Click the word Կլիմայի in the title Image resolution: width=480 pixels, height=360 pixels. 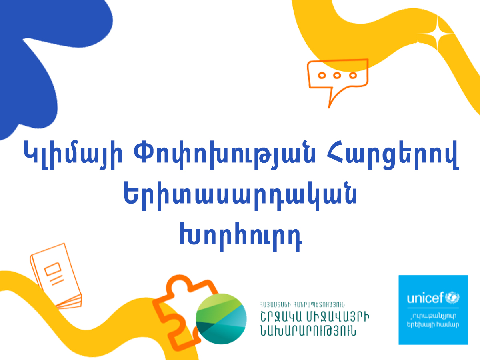tap(73, 155)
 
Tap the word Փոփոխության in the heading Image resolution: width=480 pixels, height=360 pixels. tap(225, 155)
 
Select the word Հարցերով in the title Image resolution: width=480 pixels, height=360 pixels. tap(392, 155)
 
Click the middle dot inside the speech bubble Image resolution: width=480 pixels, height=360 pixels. tap(337, 76)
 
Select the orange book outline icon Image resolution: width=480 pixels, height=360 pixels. tap(56, 276)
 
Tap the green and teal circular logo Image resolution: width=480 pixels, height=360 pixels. tap(221, 319)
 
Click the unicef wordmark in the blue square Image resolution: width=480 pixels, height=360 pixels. tap(425, 298)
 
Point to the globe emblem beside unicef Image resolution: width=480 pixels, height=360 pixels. tap(452, 297)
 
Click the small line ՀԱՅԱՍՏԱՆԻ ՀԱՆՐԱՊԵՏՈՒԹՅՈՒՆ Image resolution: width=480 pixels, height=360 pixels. tap(302, 304)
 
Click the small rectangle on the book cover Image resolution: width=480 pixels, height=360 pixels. tap(53, 269)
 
